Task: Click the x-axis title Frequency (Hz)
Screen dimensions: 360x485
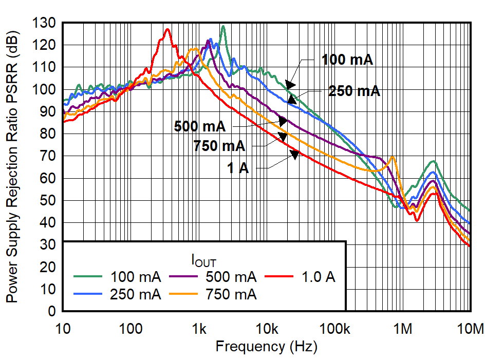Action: (266, 346)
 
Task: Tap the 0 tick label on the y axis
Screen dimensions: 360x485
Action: (52, 311)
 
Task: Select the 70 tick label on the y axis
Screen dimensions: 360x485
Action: (47, 156)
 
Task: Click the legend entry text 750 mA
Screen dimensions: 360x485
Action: (231, 295)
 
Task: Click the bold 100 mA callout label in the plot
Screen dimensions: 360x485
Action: (347, 60)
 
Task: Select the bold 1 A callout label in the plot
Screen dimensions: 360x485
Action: (238, 168)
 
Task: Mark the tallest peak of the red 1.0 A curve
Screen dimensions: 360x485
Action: (167, 29)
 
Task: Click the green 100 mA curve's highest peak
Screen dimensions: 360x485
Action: (223, 26)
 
